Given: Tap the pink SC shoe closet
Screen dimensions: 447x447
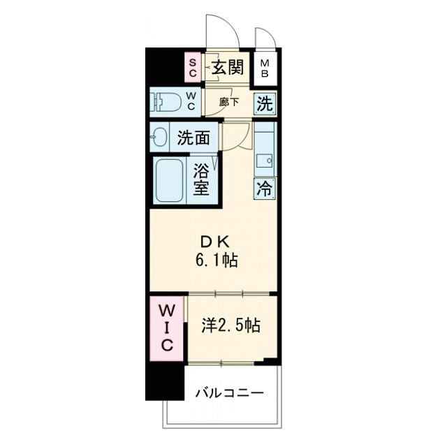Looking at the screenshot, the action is (x=193, y=67).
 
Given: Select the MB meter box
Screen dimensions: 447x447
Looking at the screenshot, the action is (x=265, y=68).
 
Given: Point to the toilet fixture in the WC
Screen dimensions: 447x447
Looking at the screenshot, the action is (x=166, y=102).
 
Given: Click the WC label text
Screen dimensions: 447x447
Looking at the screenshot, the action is (x=191, y=102).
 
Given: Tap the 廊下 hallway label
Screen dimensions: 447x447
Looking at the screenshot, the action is (x=229, y=102).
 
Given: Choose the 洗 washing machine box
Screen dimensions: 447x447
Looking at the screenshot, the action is (x=265, y=103).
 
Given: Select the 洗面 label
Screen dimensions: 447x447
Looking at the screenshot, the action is (x=193, y=138).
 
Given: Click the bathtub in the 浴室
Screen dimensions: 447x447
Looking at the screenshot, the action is (x=169, y=180).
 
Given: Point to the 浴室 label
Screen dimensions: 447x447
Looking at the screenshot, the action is (x=201, y=179).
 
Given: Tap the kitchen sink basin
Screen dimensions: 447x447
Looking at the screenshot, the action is (x=264, y=161).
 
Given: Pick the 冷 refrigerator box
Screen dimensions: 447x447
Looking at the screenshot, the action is (x=265, y=189).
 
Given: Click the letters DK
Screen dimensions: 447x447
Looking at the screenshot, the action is (x=214, y=242).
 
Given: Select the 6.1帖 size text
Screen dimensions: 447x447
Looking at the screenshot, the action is (x=217, y=260).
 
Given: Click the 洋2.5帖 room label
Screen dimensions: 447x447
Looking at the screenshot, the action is (x=231, y=325).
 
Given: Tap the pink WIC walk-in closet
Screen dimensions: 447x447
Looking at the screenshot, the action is (x=166, y=328).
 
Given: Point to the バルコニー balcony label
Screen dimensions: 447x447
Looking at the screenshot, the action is (x=230, y=393).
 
